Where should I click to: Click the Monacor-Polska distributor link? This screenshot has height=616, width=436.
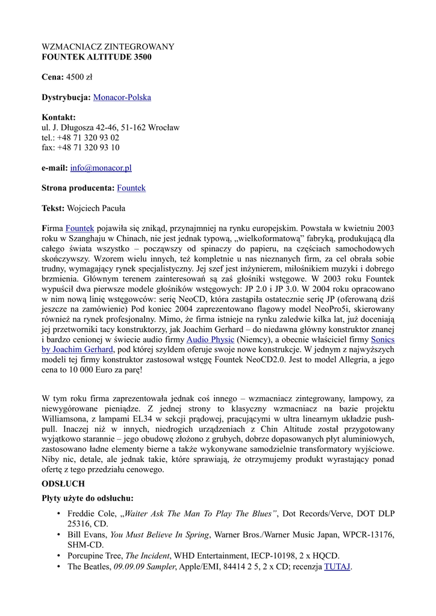(x=122, y=97)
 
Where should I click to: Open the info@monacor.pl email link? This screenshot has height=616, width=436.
(x=101, y=168)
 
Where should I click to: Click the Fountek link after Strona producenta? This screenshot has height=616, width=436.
(x=131, y=188)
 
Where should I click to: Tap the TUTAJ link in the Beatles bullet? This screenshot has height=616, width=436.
(x=337, y=566)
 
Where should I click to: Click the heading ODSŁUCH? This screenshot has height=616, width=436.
(x=63, y=483)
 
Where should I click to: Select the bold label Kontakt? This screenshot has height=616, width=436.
(x=58, y=117)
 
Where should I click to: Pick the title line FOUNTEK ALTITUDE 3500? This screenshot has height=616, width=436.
(x=96, y=57)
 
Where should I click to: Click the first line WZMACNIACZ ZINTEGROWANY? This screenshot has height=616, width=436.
(x=108, y=47)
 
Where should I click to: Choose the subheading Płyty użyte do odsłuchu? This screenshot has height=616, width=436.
(x=87, y=498)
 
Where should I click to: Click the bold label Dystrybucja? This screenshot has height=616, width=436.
(x=66, y=97)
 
